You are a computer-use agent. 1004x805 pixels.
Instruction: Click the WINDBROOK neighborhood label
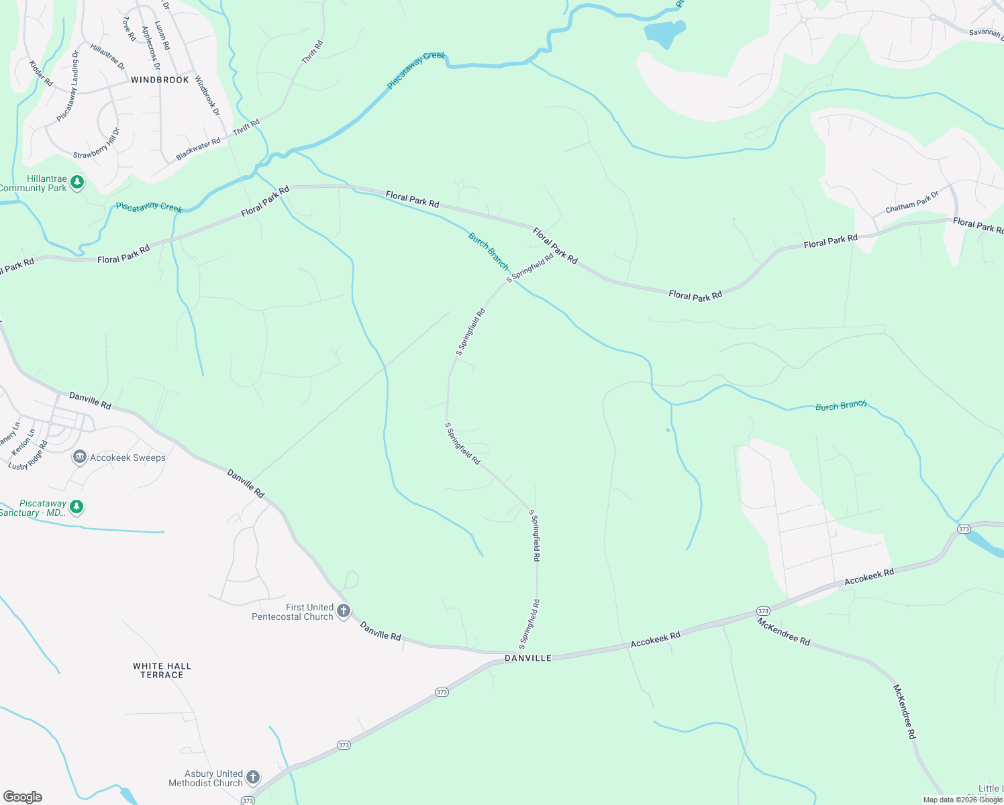(160, 80)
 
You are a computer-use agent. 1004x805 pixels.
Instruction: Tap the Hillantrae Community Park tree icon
(77, 182)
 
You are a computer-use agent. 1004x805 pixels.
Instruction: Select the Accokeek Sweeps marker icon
(80, 458)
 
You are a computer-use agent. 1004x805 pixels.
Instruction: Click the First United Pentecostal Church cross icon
(344, 611)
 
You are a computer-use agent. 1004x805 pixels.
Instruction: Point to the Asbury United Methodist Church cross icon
(253, 777)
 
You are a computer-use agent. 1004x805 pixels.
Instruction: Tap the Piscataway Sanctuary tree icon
(77, 507)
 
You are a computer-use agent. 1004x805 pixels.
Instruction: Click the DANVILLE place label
(528, 658)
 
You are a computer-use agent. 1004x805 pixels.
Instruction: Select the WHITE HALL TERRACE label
(162, 670)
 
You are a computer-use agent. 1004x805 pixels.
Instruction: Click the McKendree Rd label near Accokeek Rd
(783, 631)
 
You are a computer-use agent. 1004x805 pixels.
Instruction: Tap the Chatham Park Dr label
(911, 202)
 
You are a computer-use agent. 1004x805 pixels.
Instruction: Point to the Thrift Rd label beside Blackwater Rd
(246, 127)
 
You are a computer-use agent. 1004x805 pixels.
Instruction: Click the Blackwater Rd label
(198, 149)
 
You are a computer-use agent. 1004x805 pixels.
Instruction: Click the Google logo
(23, 796)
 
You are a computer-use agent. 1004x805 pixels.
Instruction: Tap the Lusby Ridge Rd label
(28, 455)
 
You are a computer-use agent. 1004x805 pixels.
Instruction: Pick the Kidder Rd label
(41, 73)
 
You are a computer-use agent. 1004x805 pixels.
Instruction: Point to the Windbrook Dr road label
(207, 95)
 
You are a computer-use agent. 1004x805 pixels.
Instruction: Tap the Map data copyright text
(962, 799)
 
